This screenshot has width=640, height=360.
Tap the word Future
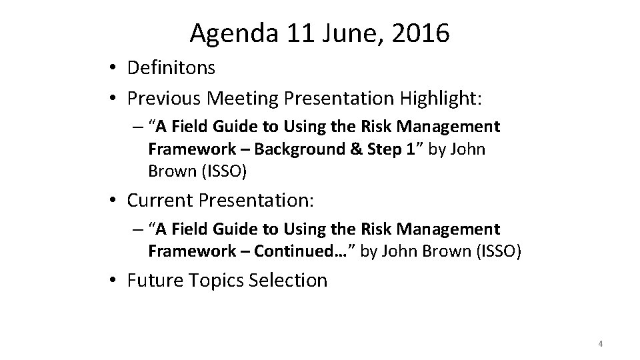[154, 280]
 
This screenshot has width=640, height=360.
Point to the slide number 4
[601, 344]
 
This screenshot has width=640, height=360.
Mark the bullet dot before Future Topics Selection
[115, 281]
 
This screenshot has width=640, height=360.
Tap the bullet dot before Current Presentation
[115, 200]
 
